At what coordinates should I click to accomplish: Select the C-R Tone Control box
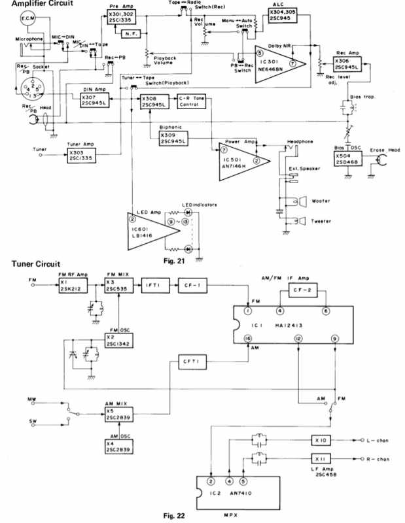(x=192, y=101)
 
